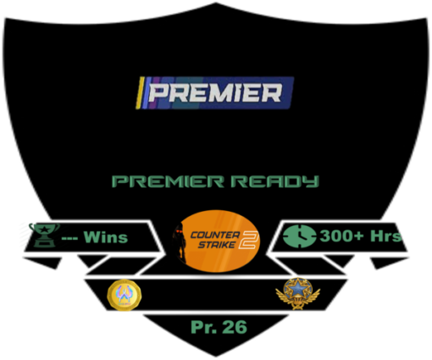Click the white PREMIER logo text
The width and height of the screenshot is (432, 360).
(215, 93)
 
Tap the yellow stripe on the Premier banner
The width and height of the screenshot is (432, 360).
(140, 93)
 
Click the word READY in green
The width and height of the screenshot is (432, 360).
(274, 181)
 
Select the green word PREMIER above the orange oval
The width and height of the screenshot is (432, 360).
(169, 181)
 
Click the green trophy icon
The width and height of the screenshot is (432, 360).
(44, 235)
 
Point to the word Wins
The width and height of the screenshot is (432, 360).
(106, 237)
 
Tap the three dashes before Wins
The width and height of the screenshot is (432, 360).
(69, 239)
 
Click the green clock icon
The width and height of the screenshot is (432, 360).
(300, 236)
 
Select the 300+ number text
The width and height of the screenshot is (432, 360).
(341, 235)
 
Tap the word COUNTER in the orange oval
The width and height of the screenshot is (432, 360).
(215, 235)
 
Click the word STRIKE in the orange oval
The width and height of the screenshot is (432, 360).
(216, 245)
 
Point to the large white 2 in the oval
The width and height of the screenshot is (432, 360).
(248, 240)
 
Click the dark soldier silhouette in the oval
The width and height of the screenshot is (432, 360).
(180, 243)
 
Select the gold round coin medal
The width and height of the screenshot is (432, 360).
(125, 295)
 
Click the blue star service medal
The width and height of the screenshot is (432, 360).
(298, 293)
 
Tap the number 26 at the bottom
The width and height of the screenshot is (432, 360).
(235, 327)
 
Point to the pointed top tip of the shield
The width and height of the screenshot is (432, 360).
(216, 3)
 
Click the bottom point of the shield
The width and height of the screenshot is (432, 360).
(216, 357)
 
